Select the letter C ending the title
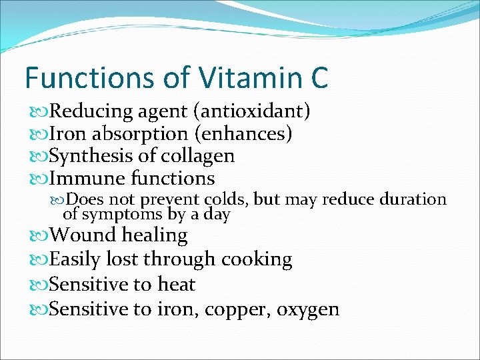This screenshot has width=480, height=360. (x=319, y=77)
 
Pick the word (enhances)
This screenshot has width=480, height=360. (x=243, y=134)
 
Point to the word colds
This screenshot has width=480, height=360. (x=225, y=199)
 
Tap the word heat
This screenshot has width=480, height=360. (x=176, y=284)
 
